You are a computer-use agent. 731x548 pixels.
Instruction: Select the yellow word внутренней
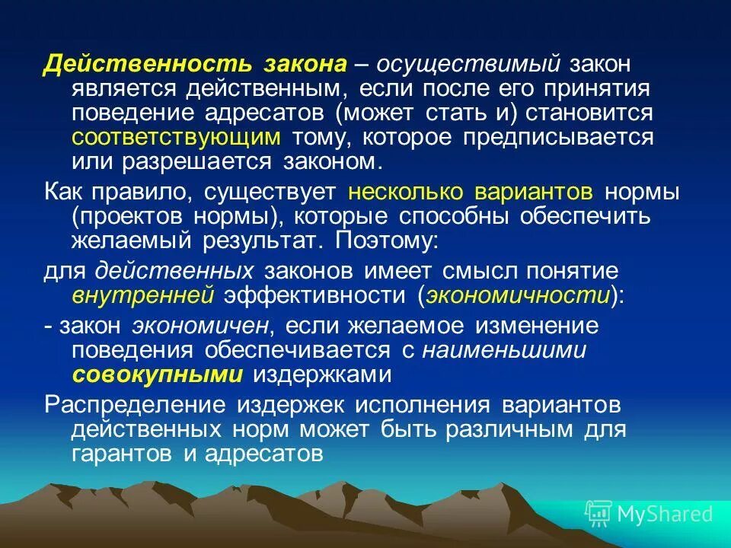pos(141,295)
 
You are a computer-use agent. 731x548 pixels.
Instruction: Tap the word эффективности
pos(314,295)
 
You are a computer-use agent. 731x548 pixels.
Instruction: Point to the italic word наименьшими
pos(504,349)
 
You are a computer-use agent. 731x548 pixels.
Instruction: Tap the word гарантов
pos(122,454)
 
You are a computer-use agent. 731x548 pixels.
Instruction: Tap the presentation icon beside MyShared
pos(599,514)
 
